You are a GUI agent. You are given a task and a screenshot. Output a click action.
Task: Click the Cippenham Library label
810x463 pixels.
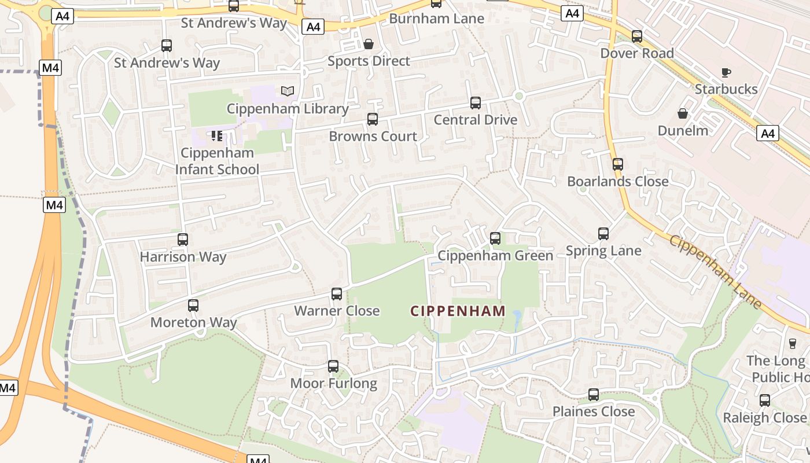point(288,109)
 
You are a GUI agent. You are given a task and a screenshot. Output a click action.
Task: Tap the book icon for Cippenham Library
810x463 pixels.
point(288,91)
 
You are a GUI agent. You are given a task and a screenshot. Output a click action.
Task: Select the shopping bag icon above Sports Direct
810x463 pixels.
point(369,44)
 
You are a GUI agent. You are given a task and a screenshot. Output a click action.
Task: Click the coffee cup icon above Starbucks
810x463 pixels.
point(726,72)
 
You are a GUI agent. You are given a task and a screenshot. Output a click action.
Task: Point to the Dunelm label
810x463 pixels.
point(683,130)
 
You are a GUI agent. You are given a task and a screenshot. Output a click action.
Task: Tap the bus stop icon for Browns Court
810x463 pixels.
point(373,119)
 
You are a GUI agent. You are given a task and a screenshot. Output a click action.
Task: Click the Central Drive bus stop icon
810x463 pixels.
point(476,103)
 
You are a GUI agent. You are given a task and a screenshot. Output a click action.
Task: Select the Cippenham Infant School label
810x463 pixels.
point(217,161)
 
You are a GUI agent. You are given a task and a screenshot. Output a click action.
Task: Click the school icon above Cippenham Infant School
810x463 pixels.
point(217,136)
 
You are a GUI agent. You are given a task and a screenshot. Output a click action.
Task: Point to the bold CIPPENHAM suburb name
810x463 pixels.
point(458,311)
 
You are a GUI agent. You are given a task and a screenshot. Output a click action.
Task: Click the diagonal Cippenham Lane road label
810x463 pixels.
point(715,271)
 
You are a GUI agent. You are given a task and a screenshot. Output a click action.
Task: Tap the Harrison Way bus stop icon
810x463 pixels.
point(183,239)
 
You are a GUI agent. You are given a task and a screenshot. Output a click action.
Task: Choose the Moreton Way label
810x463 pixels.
point(194,322)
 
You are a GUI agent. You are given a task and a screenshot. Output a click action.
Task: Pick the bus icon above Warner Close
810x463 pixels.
point(337,294)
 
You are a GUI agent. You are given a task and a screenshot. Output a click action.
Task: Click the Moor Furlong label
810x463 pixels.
point(333,383)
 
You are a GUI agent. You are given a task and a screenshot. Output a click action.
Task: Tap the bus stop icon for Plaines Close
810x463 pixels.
point(594,395)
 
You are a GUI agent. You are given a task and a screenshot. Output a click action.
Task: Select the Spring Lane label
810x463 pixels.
point(603,251)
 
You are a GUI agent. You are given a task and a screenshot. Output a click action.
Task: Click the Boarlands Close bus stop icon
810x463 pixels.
point(618,164)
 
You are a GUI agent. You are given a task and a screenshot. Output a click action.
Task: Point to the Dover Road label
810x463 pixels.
point(637,53)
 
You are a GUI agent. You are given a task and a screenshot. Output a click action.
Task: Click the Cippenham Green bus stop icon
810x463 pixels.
point(495,238)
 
